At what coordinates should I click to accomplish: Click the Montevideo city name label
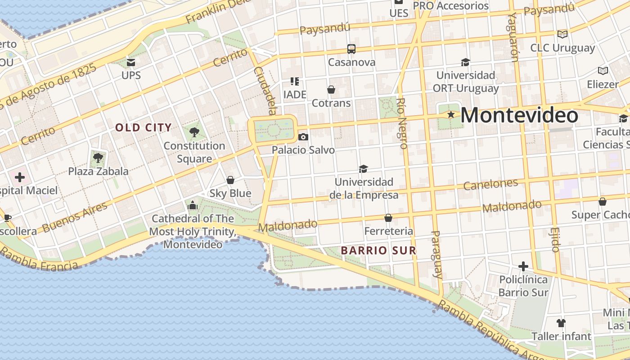coord(519,115)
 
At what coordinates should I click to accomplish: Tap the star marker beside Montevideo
coord(451,115)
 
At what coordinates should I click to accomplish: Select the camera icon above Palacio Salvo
coord(303,137)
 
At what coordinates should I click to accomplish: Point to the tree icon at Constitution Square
coord(194,132)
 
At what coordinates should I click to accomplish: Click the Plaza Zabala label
coord(98,171)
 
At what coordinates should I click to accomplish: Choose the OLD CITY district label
coord(144,127)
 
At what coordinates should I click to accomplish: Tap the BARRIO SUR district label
coord(378,250)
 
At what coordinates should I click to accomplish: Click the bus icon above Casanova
coord(351,49)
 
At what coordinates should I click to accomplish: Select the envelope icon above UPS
coord(131,62)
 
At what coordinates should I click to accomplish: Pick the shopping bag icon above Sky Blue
coord(230,180)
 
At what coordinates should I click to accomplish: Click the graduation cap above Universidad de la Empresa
coord(363,169)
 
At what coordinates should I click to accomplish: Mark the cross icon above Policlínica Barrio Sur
coord(523,266)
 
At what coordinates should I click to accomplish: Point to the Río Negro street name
coord(402,123)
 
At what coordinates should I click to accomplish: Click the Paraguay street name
coord(437,254)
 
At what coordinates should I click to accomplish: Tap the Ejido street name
coord(555,239)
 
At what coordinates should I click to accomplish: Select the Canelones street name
coord(490,184)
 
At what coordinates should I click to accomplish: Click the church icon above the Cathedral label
coord(193,205)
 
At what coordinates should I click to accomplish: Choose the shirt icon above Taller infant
coord(561,323)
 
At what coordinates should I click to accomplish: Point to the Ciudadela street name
coord(265,90)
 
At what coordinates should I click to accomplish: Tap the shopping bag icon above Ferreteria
coord(388,218)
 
